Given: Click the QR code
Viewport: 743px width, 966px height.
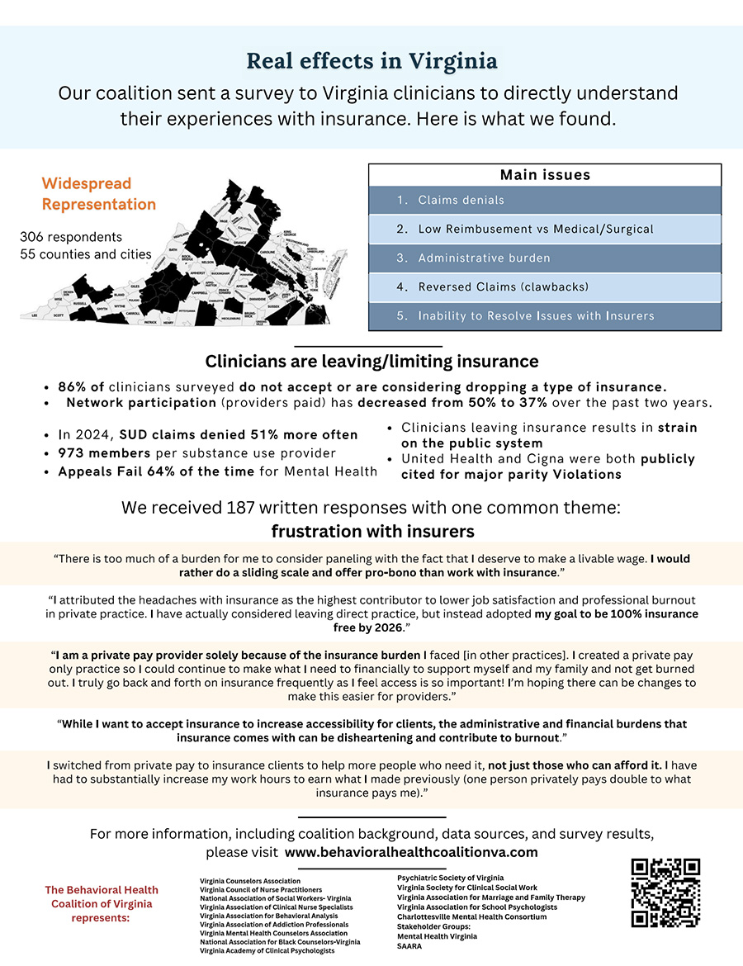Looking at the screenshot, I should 665,893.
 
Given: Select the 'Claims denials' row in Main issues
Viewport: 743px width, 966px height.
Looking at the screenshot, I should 544,201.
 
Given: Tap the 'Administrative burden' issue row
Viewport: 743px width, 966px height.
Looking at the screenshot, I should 544,258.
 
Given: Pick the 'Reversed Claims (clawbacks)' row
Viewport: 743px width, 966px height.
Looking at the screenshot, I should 544,287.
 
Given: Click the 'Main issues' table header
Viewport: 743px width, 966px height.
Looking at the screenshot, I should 544,175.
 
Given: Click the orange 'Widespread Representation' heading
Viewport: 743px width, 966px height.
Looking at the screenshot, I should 98,193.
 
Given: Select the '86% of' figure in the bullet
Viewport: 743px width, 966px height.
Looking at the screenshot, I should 81,386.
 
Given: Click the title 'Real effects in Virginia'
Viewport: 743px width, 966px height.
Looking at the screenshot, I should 372,61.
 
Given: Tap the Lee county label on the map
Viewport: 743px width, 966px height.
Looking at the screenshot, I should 34,315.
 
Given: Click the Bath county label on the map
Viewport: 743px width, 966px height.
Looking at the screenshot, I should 171,248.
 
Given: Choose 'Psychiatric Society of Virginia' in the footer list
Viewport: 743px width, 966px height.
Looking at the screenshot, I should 450,878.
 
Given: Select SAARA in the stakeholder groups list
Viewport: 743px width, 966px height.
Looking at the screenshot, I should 409,946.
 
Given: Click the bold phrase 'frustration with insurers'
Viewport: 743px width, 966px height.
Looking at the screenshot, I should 372,531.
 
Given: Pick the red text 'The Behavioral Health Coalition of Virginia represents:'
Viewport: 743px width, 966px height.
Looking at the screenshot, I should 102,904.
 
